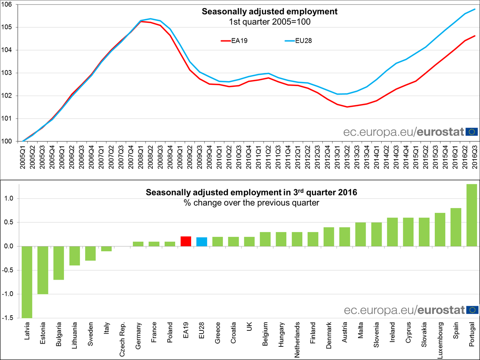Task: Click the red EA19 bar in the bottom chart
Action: point(186,241)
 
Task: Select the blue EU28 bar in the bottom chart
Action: point(202,242)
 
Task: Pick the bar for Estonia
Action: point(43,270)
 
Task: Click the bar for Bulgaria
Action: point(59,263)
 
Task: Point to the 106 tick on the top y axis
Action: point(8,4)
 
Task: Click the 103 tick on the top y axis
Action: point(8,73)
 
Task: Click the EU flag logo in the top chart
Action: point(472,132)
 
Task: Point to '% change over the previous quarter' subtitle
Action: point(251,203)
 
